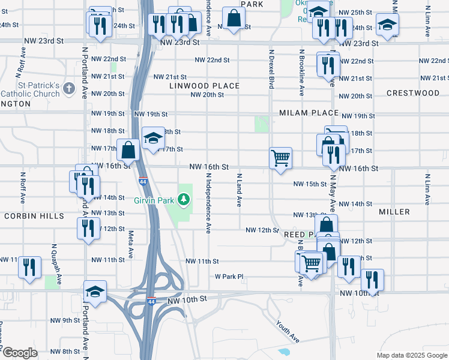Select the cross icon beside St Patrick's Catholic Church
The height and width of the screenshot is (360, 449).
[69, 89]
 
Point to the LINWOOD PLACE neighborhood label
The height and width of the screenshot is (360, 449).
[204, 86]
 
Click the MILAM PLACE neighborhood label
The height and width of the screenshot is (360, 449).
[309, 113]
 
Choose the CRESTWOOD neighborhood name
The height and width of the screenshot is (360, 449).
[413, 93]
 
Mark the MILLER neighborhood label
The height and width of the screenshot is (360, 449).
[394, 212]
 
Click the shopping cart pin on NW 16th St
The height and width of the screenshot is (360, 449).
[280, 158]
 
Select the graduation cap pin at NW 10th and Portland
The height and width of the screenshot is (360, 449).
[95, 292]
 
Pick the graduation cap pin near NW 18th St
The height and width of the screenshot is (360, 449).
[153, 138]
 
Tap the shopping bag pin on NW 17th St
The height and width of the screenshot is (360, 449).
[129, 150]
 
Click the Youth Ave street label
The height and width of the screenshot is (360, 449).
[288, 331]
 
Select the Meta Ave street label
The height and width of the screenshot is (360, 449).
[131, 245]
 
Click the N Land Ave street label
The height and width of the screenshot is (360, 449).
[239, 191]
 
